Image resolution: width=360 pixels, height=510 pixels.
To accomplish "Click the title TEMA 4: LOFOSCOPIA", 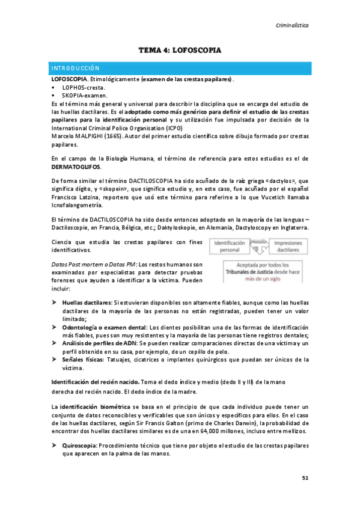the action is point(180,51).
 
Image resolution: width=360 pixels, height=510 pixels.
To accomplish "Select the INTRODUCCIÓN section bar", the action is point(180,69).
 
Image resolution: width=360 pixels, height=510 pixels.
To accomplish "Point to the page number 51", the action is point(305,479).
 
